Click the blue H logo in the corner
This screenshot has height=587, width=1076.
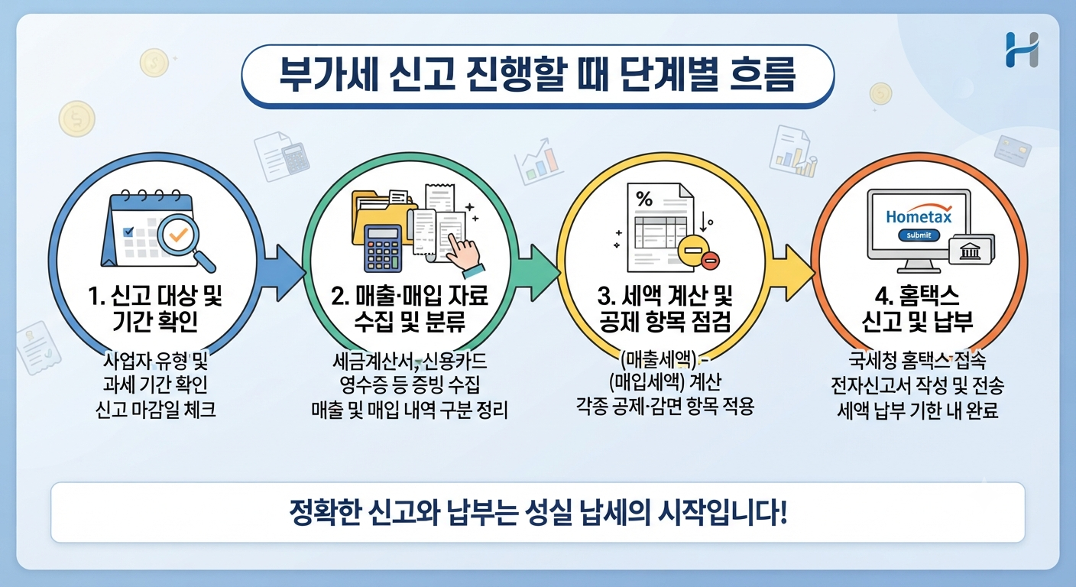[1023, 50]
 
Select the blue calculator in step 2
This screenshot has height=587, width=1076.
[383, 248]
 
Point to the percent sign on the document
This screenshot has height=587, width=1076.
[643, 199]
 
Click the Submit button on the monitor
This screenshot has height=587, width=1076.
[919, 235]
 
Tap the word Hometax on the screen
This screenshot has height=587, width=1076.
[919, 217]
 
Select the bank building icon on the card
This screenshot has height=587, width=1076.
[969, 251]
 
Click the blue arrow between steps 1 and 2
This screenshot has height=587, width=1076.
[284, 273]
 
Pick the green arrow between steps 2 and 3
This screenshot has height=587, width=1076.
[539, 273]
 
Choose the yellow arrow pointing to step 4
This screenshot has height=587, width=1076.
[793, 273]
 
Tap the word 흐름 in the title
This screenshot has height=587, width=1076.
[763, 75]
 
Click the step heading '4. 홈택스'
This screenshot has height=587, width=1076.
[917, 296]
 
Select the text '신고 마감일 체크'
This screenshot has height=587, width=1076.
[155, 410]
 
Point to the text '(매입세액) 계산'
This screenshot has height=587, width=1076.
[666, 382]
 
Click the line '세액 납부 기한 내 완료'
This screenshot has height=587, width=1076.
[918, 410]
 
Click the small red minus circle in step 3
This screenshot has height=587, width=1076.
[710, 261]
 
